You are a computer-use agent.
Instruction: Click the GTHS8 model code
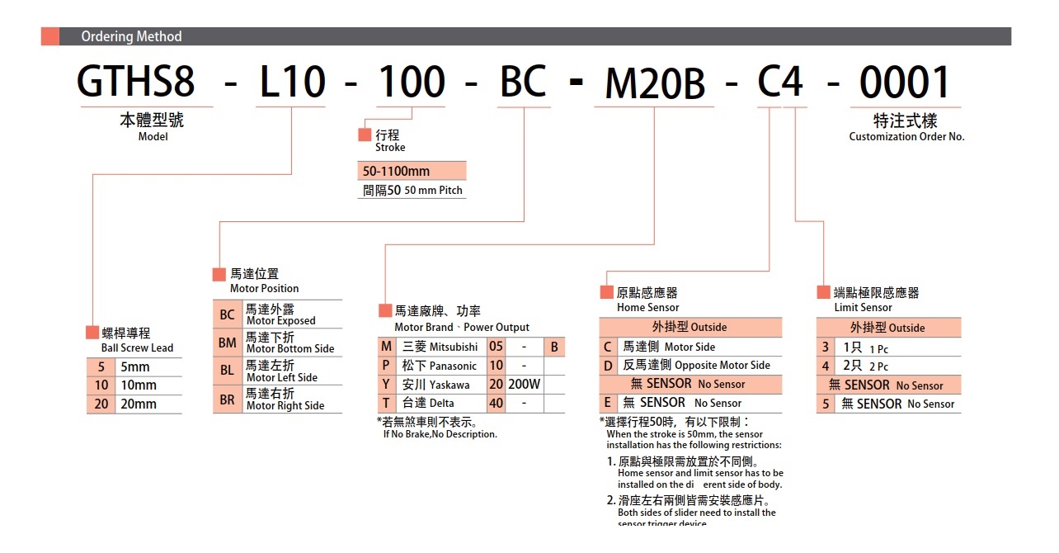[136, 83]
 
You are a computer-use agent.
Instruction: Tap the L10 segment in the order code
[292, 83]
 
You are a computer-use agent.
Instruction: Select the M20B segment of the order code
[655, 84]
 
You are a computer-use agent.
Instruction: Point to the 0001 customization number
[905, 83]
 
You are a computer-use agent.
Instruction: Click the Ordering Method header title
[131, 36]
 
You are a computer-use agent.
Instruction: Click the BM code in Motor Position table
[227, 342]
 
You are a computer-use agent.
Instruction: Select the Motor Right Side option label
[285, 405]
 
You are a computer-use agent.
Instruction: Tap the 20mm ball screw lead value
[139, 404]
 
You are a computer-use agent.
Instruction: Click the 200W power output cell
[524, 384]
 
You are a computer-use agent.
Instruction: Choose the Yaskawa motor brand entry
[449, 385]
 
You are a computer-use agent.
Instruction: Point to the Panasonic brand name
[453, 366]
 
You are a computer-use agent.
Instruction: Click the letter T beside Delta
[385, 404]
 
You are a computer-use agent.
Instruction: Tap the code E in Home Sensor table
[608, 403]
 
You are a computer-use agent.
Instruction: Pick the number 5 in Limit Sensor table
[826, 404]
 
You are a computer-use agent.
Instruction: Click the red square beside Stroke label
[365, 135]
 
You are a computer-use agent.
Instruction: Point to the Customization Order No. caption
[906, 137]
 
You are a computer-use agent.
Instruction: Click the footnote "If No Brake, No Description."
[440, 434]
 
